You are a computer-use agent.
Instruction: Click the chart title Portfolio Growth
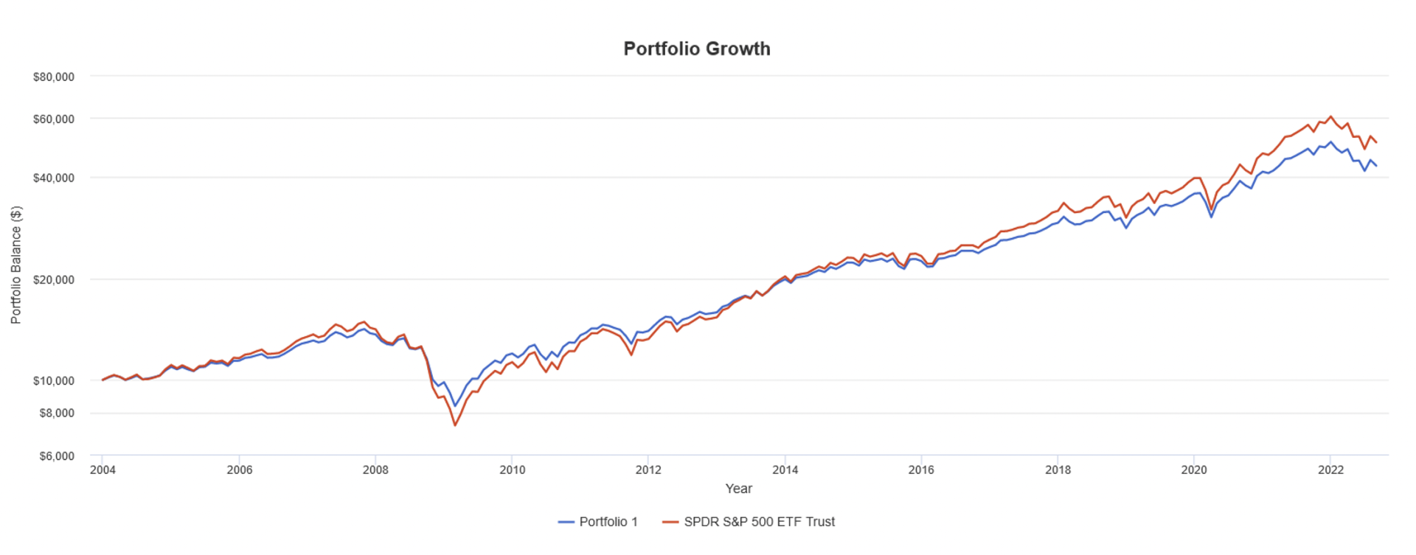pos(697,49)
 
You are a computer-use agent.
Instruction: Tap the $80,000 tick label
pos(54,77)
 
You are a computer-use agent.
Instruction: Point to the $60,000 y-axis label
pos(54,119)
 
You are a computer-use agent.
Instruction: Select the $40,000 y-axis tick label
pos(54,178)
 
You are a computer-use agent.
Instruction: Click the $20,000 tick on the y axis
pos(54,280)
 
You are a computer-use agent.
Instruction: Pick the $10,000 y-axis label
pos(54,381)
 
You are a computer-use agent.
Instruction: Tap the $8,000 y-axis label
pos(56,413)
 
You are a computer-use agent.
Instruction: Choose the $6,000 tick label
pos(56,456)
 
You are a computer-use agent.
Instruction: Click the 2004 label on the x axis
pos(103,470)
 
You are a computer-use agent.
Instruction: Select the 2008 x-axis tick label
pos(375,470)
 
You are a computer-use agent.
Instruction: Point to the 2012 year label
pos(648,470)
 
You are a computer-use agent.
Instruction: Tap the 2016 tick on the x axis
pos(921,470)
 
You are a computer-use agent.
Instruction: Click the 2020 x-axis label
pos(1194,470)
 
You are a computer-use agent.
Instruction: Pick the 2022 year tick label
pos(1330,470)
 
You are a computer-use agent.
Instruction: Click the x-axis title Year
pos(738,489)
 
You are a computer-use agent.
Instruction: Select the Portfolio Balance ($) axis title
pos(16,265)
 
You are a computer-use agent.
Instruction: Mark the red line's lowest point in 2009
pos(455,425)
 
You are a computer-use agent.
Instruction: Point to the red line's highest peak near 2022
pos(1330,116)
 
